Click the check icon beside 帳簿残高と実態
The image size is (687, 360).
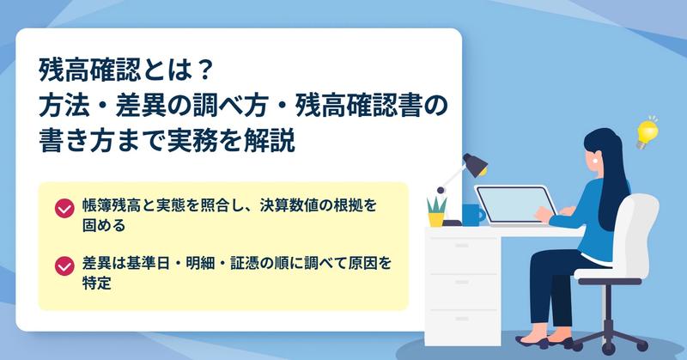pos(64,209)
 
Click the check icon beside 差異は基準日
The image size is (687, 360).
pos(64,266)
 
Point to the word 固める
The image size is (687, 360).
pos(104,225)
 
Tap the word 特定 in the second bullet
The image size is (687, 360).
pos(97,283)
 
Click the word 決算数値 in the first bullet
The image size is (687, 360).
pos(289,205)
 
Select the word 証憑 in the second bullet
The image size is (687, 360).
pos(245,263)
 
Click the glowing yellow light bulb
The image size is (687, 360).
pos(647,133)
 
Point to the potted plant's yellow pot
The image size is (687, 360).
pos(436,219)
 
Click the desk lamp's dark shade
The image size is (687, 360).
pos(476,164)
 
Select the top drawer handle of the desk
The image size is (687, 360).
pos(462,246)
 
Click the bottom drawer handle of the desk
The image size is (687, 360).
pos(462,319)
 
